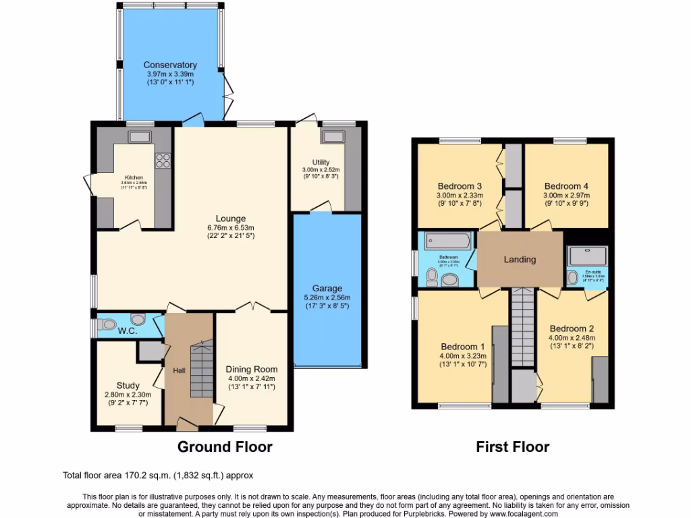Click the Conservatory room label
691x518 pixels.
click(170, 65)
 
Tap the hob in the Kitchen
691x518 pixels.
click(163, 160)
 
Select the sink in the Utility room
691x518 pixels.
click(332, 137)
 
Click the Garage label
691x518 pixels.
click(327, 288)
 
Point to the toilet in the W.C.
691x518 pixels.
click(137, 318)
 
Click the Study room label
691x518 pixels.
click(128, 386)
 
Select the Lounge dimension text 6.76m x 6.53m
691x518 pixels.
click(230, 227)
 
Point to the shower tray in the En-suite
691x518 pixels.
click(588, 255)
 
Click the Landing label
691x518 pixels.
click(520, 259)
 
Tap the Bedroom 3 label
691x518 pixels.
click(460, 186)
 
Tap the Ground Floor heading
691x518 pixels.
click(225, 447)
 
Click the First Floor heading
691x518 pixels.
click(512, 447)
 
